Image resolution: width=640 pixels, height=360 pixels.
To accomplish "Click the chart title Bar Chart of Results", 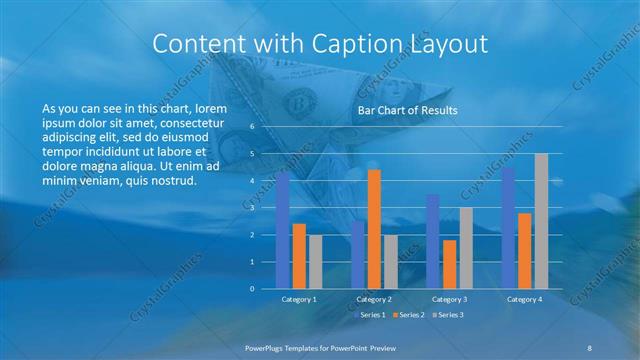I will (407, 110).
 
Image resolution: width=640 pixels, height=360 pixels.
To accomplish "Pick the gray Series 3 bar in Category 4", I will (541, 221).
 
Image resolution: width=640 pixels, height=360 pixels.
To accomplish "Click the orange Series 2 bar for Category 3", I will (450, 264).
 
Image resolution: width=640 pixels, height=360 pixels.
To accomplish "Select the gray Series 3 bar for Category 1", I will (315, 261).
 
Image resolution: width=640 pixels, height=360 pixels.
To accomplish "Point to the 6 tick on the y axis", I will (252, 127).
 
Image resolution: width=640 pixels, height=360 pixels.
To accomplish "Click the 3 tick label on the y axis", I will (252, 208).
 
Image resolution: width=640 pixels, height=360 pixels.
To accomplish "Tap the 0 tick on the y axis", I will (252, 289).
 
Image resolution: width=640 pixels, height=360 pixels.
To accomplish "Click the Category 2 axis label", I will (374, 299).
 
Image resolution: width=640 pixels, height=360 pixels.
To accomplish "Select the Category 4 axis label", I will (525, 299).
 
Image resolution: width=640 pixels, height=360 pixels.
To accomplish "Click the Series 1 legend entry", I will (371, 315).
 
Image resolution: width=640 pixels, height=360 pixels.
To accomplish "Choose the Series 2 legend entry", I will (409, 315).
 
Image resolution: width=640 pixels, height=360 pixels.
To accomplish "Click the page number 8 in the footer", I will (590, 347).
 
